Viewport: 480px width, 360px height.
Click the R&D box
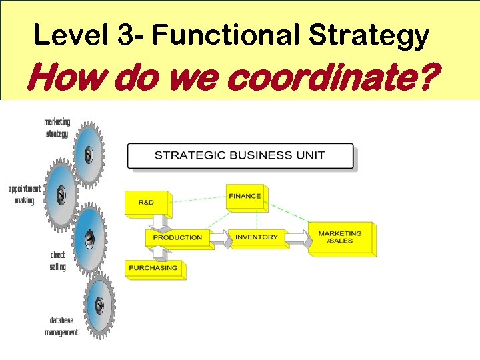click(147, 203)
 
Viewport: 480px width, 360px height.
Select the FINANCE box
click(245, 197)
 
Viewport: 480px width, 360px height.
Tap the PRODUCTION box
click(177, 237)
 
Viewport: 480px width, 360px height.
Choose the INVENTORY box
click(257, 237)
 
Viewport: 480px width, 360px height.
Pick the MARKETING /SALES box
click(340, 237)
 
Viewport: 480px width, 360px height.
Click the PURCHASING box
click(153, 268)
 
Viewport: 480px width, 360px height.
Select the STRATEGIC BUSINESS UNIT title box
click(240, 156)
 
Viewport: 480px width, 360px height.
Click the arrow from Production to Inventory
click(219, 237)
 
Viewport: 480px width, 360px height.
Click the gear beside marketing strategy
click(88, 155)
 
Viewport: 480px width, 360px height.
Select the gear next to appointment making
click(61, 194)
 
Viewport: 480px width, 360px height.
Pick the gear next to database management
click(99, 305)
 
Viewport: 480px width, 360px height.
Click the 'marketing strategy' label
click(57, 127)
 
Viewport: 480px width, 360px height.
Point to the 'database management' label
click(61, 326)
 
